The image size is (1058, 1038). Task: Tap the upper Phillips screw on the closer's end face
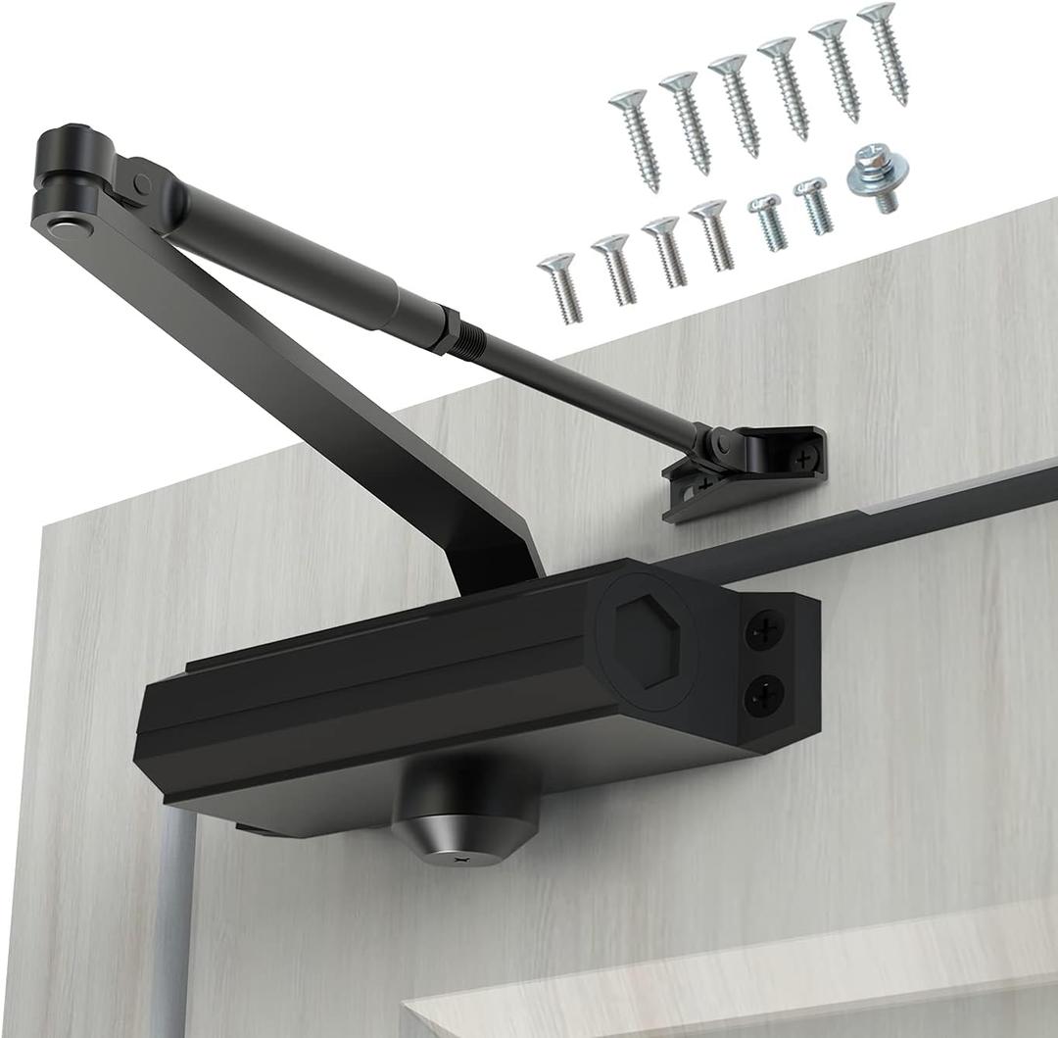(765, 632)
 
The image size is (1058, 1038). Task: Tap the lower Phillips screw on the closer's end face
(764, 698)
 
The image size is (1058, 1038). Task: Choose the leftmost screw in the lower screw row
(560, 284)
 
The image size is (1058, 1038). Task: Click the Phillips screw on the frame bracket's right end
(804, 457)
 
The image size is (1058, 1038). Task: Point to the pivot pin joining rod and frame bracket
(723, 445)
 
